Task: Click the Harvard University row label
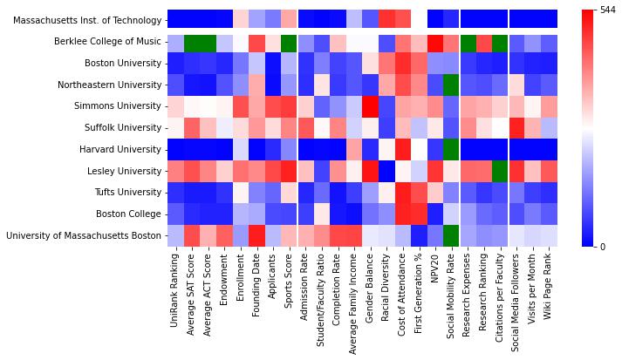tap(120, 149)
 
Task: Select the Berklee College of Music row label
tap(107, 42)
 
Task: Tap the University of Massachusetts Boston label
tap(84, 235)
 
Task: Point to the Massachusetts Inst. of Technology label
tap(87, 21)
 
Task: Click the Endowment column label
tap(223, 280)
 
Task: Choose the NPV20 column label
tap(434, 268)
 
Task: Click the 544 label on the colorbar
tap(608, 10)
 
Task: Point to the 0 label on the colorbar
tap(603, 247)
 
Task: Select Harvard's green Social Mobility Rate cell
tap(451, 149)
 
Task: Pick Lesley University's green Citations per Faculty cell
tap(500, 171)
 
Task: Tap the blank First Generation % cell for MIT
tap(419, 19)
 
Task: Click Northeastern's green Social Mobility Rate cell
tap(451, 85)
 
